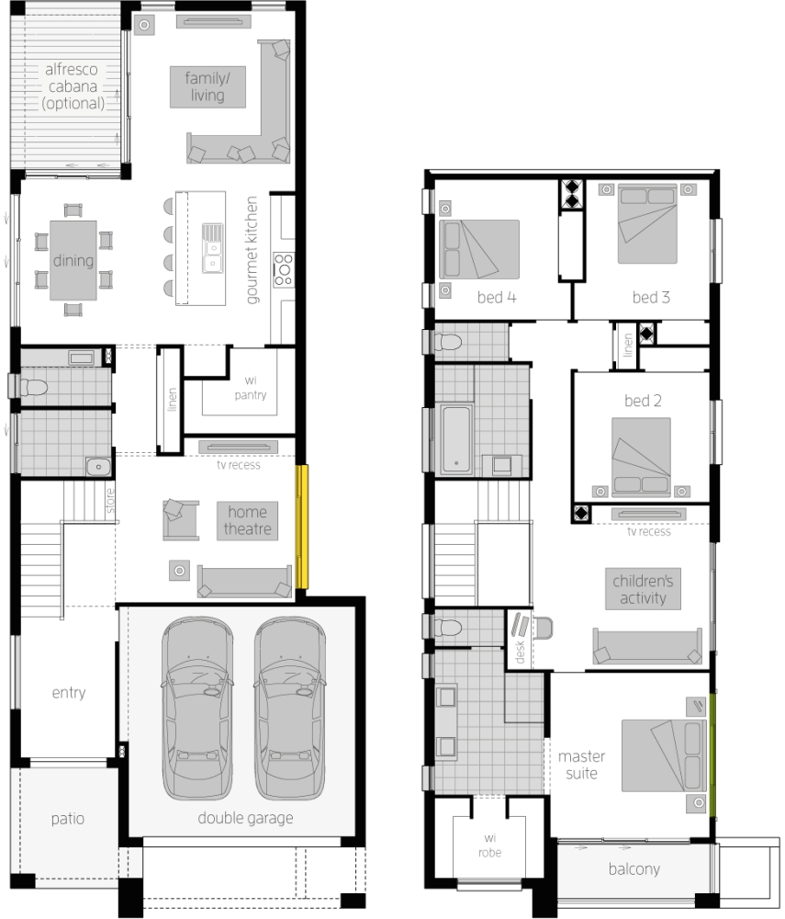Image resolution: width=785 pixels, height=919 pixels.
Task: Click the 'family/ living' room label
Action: (x=207, y=86)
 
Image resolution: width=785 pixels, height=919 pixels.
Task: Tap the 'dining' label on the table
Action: (x=73, y=260)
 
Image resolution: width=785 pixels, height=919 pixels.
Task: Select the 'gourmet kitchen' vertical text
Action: (x=252, y=250)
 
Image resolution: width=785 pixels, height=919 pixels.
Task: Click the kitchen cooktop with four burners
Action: (x=284, y=269)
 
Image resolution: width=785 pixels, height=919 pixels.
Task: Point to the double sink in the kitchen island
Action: (x=212, y=248)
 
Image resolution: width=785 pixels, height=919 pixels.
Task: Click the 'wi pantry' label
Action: (x=251, y=388)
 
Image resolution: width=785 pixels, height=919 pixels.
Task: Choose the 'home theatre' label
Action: (x=247, y=520)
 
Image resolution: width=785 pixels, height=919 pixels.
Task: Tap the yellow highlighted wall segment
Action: (x=301, y=527)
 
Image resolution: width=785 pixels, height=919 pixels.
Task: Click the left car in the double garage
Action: (x=197, y=708)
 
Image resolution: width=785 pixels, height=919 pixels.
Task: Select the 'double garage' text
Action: (x=245, y=818)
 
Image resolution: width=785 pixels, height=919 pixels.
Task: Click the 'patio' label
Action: (x=67, y=819)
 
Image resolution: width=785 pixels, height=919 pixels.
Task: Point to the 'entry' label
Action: (x=69, y=693)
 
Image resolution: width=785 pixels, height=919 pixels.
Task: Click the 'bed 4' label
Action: (x=497, y=297)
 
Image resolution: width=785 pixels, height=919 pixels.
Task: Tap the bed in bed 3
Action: (x=647, y=224)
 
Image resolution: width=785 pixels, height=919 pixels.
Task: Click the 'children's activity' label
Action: (x=643, y=589)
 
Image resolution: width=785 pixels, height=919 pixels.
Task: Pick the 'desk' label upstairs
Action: (x=520, y=652)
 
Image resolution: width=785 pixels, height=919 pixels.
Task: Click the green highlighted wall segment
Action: (x=713, y=754)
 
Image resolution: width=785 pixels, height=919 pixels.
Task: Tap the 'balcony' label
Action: (x=634, y=868)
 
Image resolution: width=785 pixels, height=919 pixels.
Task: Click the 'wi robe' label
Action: (x=490, y=845)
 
